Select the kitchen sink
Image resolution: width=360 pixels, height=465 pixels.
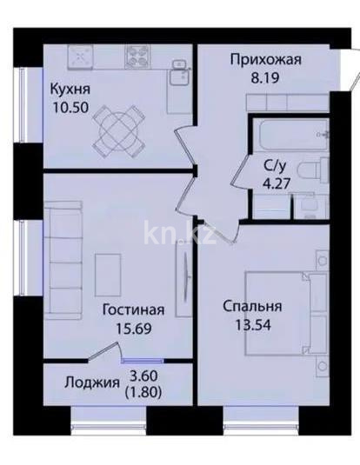coord(84,57)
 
